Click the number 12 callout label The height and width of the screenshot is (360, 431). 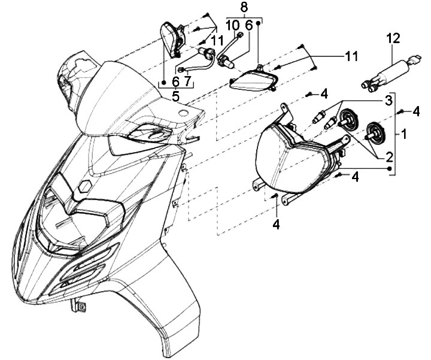[392, 39]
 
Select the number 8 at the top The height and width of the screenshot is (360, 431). [244, 7]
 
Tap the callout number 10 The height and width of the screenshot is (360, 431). [232, 26]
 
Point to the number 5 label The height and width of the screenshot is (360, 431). [175, 95]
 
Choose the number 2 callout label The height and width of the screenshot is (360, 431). [388, 158]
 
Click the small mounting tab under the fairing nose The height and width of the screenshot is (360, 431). [78, 306]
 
